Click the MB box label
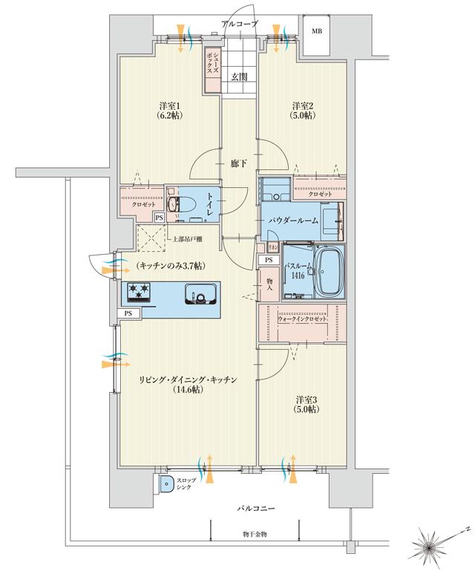tap(317, 31)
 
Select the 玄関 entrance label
tap(239, 76)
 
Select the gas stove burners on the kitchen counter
tap(139, 293)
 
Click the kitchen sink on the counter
tap(199, 296)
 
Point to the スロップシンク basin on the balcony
tap(165, 484)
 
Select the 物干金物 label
tap(258, 534)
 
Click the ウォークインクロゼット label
tap(305, 318)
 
